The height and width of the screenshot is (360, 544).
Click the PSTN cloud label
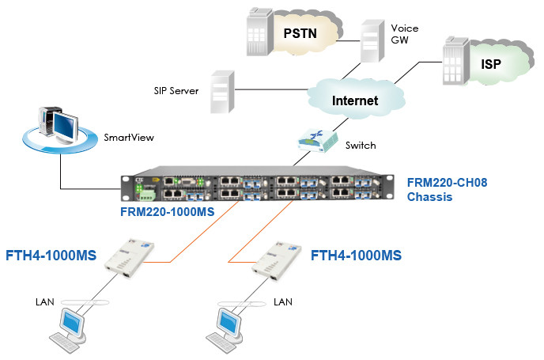click(300, 33)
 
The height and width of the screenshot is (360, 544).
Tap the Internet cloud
click(354, 100)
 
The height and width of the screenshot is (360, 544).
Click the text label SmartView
click(129, 137)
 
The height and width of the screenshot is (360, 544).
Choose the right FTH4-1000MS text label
click(356, 256)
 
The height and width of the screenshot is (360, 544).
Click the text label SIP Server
click(176, 90)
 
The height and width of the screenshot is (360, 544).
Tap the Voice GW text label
click(404, 35)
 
